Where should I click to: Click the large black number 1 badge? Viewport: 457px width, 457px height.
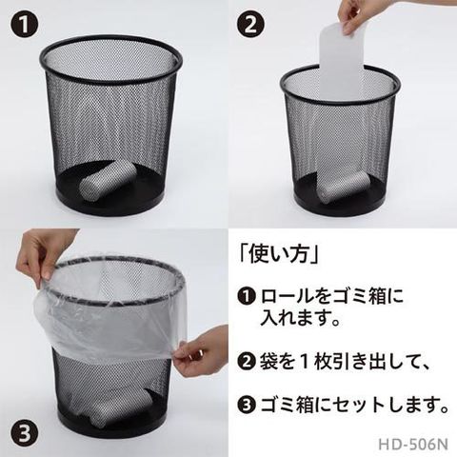25,25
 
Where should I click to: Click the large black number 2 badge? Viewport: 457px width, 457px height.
250,25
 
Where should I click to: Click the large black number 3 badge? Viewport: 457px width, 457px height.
25,432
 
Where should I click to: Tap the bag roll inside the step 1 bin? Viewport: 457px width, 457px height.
109,181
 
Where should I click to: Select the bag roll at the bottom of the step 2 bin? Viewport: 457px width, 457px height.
344,189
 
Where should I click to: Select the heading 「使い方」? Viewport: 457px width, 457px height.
279,255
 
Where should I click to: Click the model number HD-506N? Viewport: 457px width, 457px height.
413,445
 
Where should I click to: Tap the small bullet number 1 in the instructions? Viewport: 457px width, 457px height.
247,296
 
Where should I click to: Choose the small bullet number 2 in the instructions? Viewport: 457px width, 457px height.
247,362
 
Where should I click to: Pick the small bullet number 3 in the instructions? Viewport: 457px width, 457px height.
247,405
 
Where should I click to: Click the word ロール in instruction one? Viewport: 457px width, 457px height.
287,296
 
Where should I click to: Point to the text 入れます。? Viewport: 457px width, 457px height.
301,318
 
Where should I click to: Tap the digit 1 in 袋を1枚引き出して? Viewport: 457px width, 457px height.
305,362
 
